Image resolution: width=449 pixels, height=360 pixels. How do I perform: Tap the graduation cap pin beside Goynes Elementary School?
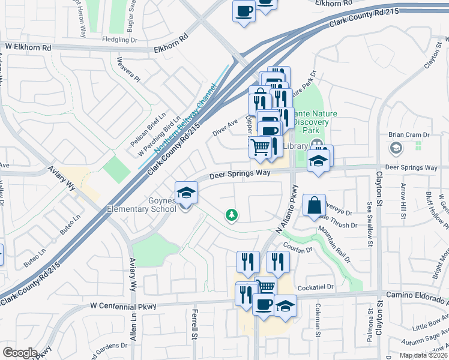click(x=186, y=193)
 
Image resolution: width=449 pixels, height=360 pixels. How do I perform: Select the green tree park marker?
click(x=231, y=214)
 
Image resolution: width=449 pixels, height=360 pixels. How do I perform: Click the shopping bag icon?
click(x=314, y=206)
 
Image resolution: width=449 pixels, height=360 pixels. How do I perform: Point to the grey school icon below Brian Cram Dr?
click(x=396, y=148)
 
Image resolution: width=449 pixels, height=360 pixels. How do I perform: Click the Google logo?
click(x=20, y=352)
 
